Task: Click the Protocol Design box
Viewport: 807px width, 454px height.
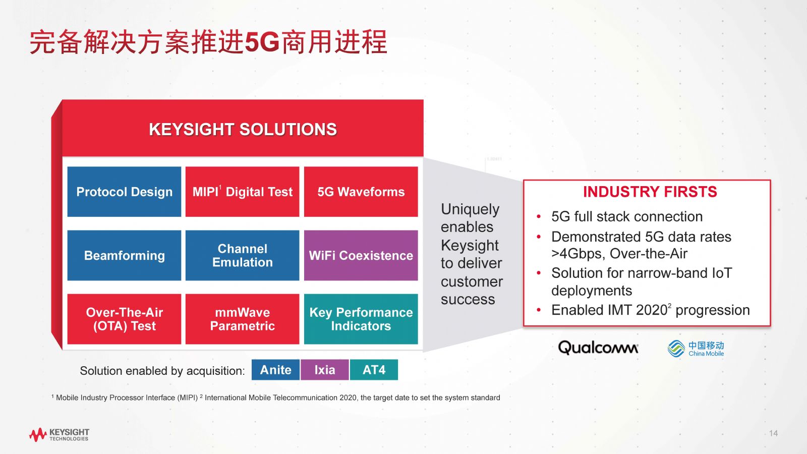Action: [124, 192]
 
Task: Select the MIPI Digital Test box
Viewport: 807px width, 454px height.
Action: [243, 192]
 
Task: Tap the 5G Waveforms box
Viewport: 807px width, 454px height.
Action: [361, 192]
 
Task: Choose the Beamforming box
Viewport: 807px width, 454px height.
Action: [124, 255]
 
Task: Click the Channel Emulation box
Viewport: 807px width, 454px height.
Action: [243, 255]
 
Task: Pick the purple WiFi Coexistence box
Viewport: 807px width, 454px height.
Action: [361, 255]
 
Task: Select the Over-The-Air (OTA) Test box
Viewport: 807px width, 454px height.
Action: [124, 319]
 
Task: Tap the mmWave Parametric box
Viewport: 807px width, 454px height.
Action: [243, 319]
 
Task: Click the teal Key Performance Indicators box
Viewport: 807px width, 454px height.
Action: [361, 319]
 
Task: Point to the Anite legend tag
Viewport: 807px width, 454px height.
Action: [275, 370]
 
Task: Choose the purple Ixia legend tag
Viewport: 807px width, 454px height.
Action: [325, 370]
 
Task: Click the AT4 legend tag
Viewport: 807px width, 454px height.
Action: [374, 370]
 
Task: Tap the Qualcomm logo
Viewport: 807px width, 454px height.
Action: [598, 348]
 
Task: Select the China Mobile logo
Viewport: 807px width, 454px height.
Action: [696, 349]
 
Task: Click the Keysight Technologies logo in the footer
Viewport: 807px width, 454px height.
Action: [59, 434]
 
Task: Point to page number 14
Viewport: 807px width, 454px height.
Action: [774, 433]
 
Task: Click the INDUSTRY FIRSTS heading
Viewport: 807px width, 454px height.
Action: [650, 192]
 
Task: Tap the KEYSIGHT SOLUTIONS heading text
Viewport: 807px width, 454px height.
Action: [243, 129]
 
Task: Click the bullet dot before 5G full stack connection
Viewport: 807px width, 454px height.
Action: [539, 217]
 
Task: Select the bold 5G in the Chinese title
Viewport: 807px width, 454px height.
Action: [262, 42]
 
